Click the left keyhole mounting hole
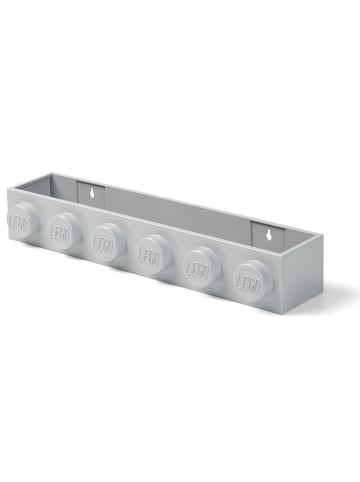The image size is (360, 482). click(x=90, y=189)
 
